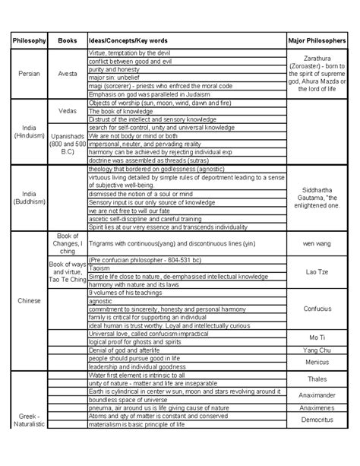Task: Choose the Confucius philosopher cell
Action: click(x=317, y=310)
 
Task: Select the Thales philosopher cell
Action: click(x=317, y=379)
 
